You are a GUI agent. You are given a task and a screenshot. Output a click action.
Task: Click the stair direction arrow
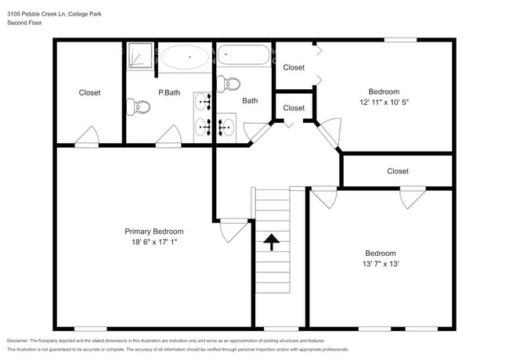pos(272,243)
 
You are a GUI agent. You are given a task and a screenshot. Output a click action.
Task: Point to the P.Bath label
pos(169,93)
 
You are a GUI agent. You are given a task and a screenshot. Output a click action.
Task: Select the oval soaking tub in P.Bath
pos(186,58)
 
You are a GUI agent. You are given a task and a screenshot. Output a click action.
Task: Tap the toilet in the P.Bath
pos(139,107)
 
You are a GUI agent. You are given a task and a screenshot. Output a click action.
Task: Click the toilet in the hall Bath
pos(229,83)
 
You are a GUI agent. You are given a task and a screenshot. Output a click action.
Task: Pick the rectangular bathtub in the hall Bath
pos(244,56)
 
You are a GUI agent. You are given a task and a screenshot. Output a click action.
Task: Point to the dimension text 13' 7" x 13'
pos(380,265)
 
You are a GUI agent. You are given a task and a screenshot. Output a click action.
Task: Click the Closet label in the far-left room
pos(89,93)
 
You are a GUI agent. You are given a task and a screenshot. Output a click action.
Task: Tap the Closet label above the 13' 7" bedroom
pos(397,171)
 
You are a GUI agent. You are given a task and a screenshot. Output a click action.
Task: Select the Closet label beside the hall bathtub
pos(294,68)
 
